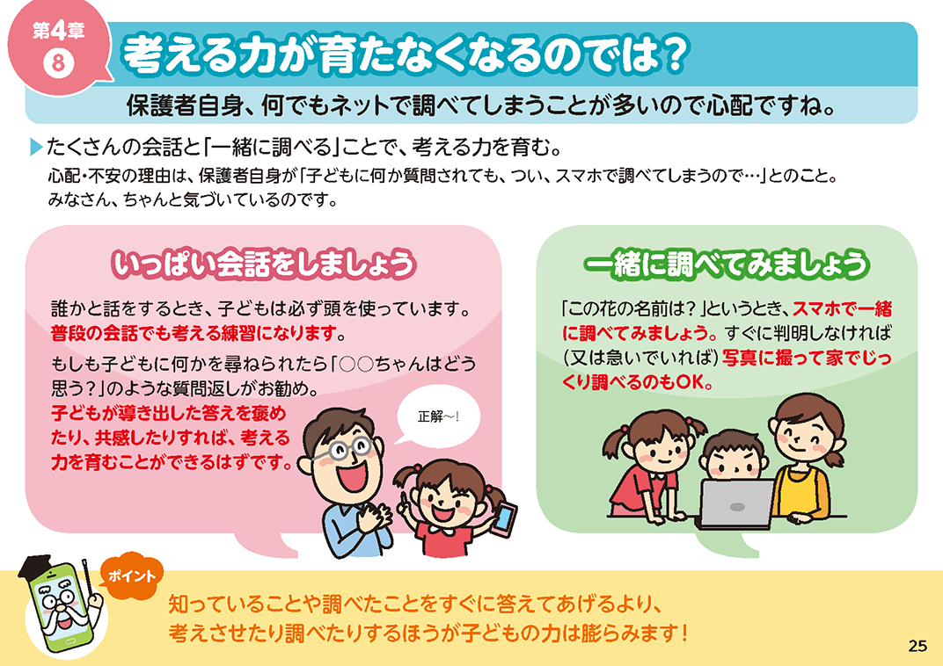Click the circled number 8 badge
pyautogui.click(x=58, y=63)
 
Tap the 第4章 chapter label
pyautogui.click(x=58, y=31)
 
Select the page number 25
pyautogui.click(x=917, y=646)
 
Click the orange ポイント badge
pyautogui.click(x=131, y=576)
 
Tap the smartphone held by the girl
pyautogui.click(x=504, y=519)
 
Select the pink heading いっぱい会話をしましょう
pyautogui.click(x=263, y=264)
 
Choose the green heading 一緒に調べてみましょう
pyautogui.click(x=727, y=264)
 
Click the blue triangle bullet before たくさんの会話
pyautogui.click(x=37, y=147)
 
